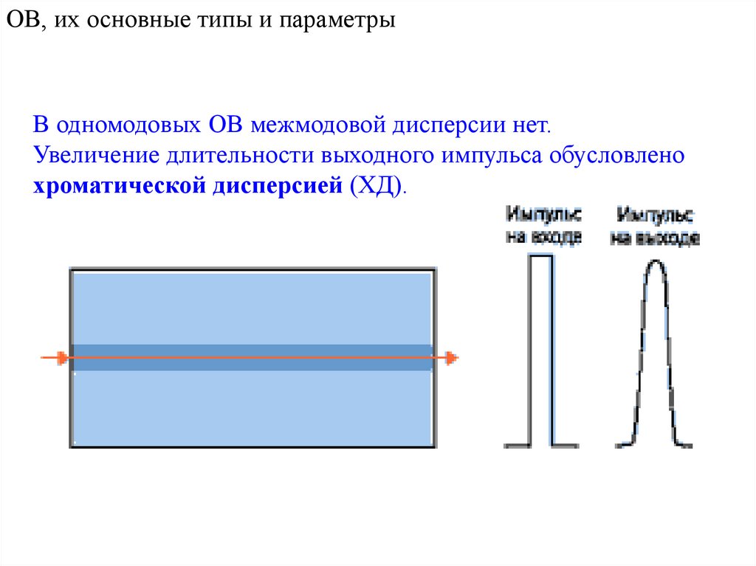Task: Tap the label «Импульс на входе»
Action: (x=543, y=226)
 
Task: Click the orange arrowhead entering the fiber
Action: (x=63, y=358)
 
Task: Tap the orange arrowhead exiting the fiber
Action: (x=451, y=358)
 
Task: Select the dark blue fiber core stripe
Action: (x=251, y=357)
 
